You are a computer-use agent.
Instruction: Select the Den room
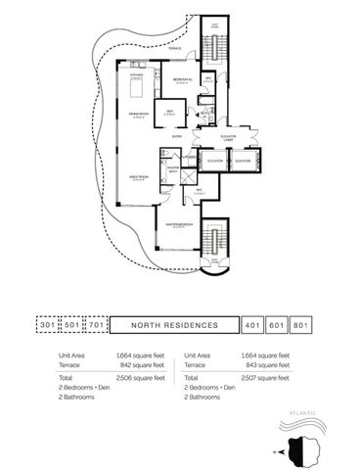click(x=169, y=111)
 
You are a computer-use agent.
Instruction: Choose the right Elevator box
click(x=244, y=160)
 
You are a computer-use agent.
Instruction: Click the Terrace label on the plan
click(x=173, y=48)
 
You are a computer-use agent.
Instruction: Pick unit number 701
click(x=96, y=324)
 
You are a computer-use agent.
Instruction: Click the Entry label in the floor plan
click(x=177, y=136)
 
